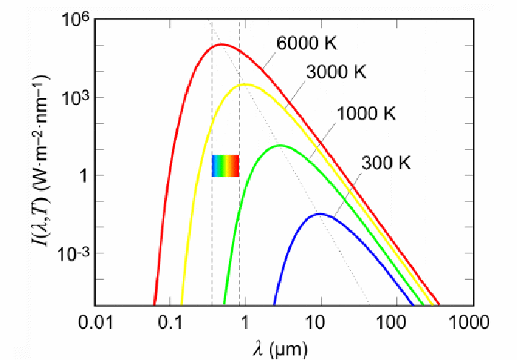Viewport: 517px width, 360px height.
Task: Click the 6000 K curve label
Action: click(x=307, y=42)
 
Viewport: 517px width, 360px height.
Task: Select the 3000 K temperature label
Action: click(x=336, y=72)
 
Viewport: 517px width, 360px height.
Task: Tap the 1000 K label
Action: click(x=367, y=113)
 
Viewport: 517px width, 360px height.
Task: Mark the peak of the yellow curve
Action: click(x=245, y=84)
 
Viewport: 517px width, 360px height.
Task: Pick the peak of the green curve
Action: click(x=279, y=145)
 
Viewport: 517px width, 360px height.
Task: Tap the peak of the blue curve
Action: click(x=319, y=214)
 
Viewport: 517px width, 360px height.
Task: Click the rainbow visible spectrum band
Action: click(x=225, y=166)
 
